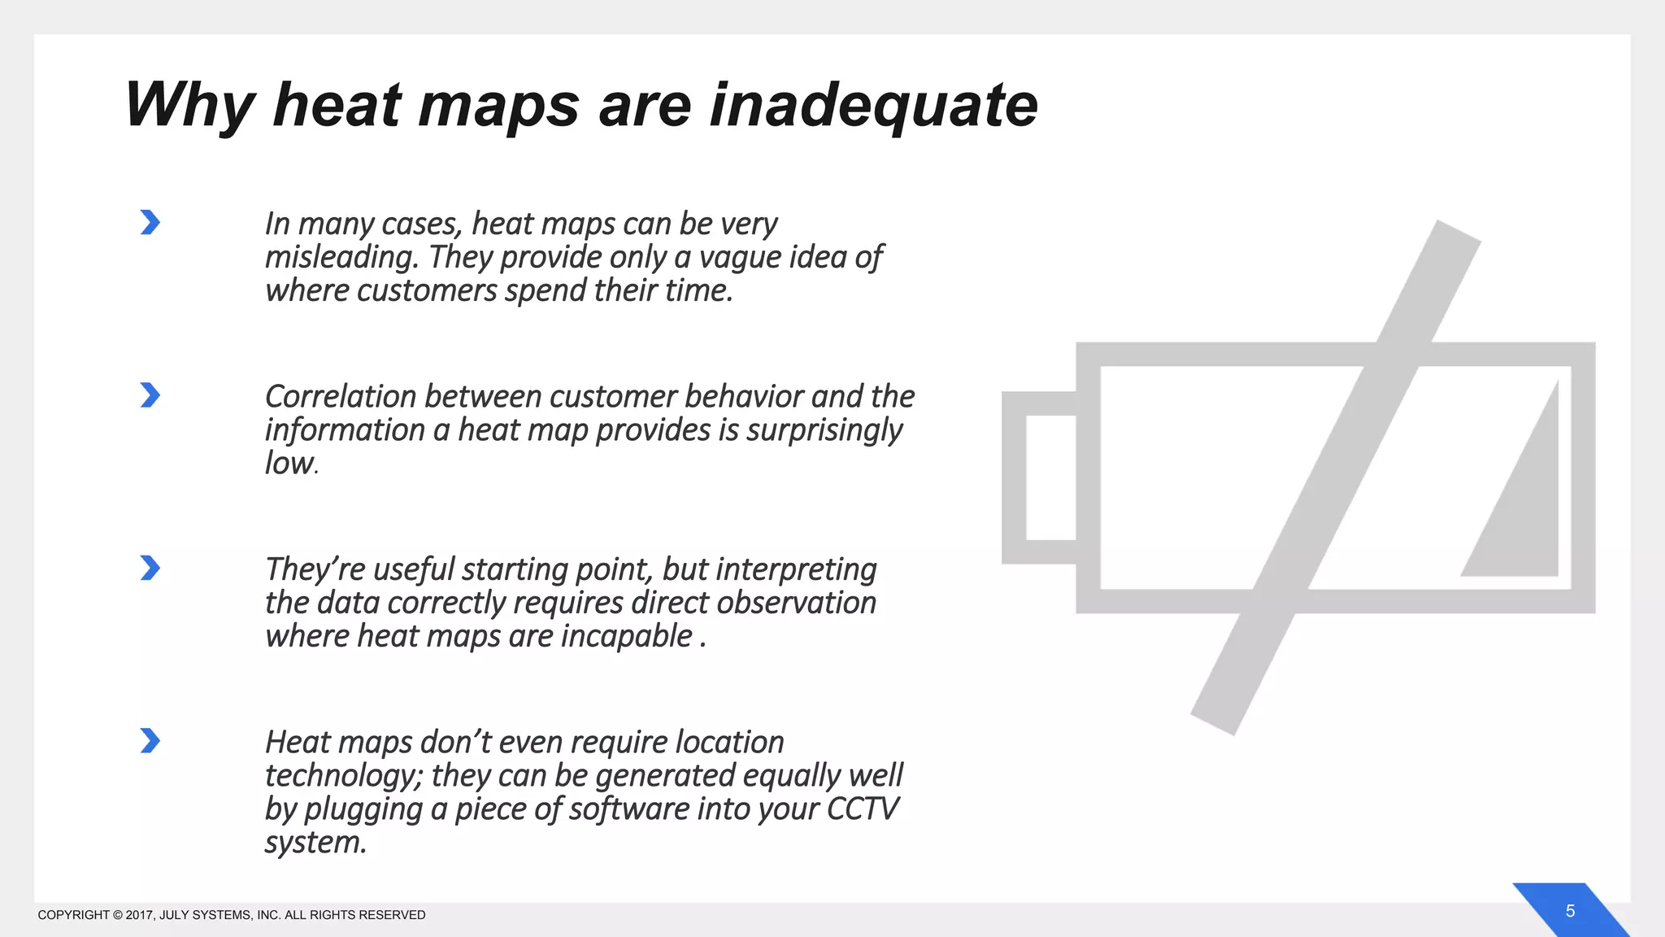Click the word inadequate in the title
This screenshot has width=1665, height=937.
tap(873, 106)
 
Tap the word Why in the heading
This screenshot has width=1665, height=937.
tap(189, 106)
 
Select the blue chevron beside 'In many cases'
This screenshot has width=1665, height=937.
tap(150, 222)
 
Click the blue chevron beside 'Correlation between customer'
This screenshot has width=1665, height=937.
tap(150, 395)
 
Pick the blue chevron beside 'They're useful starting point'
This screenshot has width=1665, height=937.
tap(150, 568)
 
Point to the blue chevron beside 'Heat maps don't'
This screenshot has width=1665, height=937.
tap(150, 741)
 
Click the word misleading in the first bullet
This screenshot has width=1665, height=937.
tap(341, 258)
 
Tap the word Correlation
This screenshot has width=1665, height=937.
tap(340, 397)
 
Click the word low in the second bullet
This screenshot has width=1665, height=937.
tap(289, 464)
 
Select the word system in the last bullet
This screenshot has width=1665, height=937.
tap(313, 843)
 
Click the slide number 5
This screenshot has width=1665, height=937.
tap(1570, 911)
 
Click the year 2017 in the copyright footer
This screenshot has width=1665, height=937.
tap(139, 915)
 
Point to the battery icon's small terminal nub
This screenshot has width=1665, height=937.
tap(1039, 477)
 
